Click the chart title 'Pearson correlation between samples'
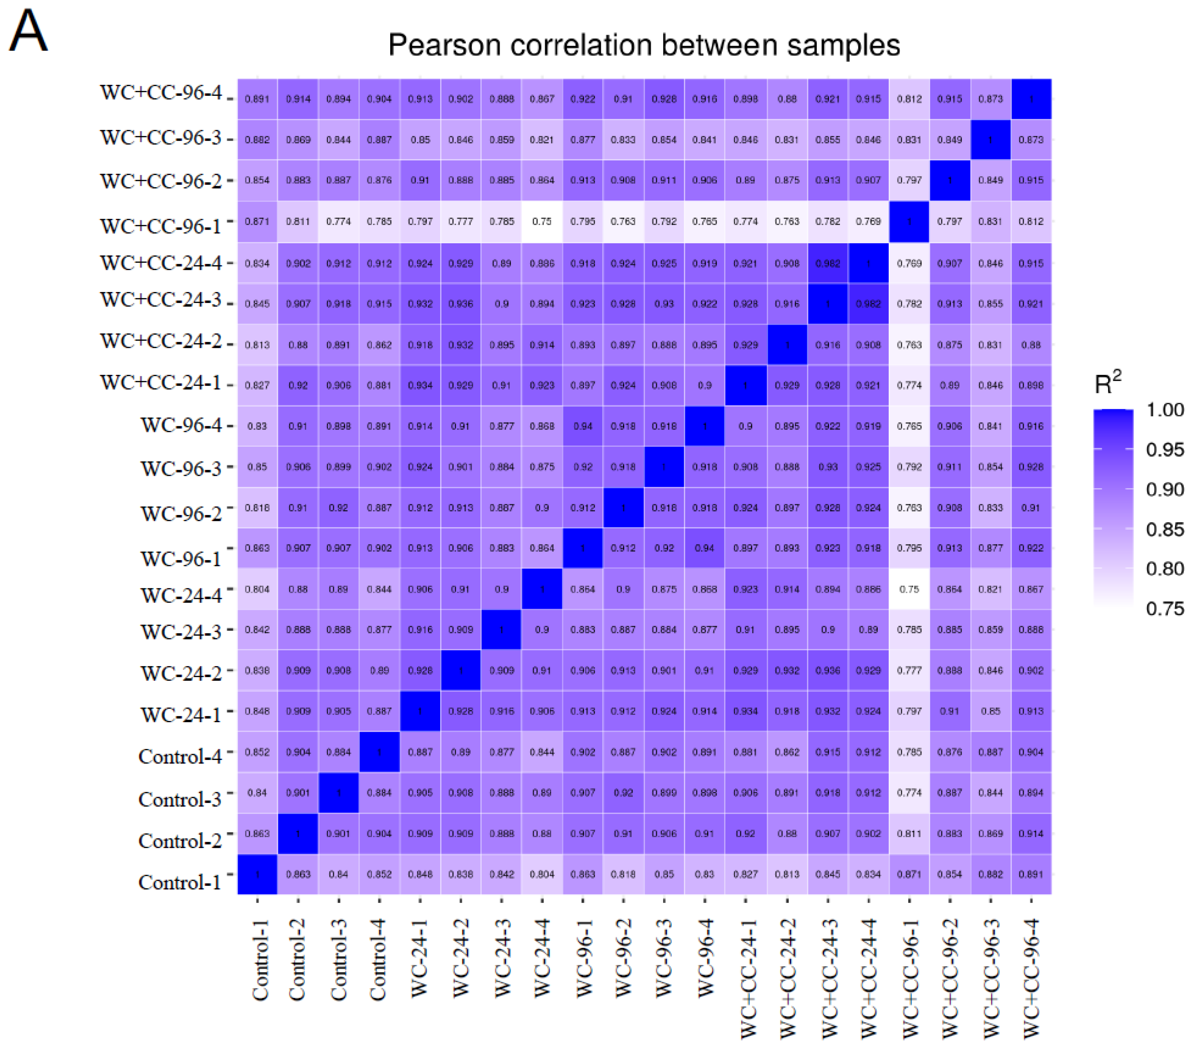(644, 45)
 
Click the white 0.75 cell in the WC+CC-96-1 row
(542, 221)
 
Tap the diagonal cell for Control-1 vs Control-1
(257, 874)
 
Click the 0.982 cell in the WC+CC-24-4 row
(827, 263)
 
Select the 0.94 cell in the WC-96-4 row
(583, 426)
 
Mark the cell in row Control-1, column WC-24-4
(542, 874)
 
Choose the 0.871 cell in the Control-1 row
(909, 874)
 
